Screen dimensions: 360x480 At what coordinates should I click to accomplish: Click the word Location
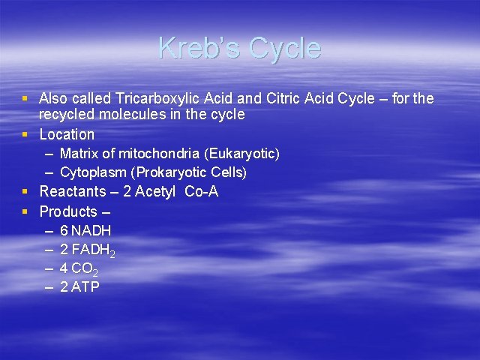pyautogui.click(x=67, y=134)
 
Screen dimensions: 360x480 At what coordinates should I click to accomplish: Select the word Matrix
pyautogui.click(x=78, y=154)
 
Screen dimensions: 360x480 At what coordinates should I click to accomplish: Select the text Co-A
pyautogui.click(x=201, y=192)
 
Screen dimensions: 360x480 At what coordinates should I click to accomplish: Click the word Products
pyautogui.click(x=68, y=211)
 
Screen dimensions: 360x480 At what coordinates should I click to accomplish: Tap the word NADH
pyautogui.click(x=91, y=231)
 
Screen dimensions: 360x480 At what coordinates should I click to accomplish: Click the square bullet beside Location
pyautogui.click(x=26, y=135)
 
